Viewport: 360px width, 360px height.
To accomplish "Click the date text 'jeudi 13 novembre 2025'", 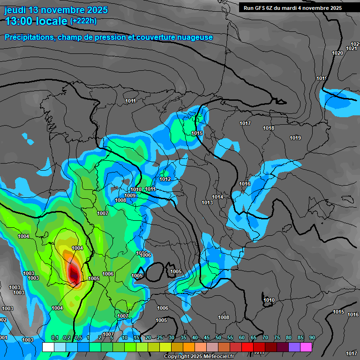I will pos(56,10).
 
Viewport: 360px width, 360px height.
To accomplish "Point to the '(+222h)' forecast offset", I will pos(83,21).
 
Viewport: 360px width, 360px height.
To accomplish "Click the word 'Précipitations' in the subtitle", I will pos(30,37).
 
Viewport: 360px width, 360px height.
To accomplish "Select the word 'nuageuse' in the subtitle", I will pos(194,37).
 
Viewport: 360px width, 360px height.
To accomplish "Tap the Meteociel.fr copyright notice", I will pos(199,356).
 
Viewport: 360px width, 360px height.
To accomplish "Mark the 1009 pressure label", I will pos(130,195).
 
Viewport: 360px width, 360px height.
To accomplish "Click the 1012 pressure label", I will pos(165,179).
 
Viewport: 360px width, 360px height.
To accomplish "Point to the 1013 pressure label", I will pos(207,202).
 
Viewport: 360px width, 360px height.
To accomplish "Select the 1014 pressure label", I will pos(217,197).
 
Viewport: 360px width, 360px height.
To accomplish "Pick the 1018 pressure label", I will pos(269,128).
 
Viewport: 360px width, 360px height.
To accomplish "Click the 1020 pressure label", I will pos(337,53).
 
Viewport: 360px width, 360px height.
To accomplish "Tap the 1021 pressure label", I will pos(352,48).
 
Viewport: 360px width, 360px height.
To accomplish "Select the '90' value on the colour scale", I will pos(312,337).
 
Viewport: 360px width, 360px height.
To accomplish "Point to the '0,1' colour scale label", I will pos(54,337).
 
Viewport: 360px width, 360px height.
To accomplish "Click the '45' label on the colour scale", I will pos(207,337).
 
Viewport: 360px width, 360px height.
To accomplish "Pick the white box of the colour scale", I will pos(48,347).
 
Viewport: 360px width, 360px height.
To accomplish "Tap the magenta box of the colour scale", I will pos(306,347).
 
